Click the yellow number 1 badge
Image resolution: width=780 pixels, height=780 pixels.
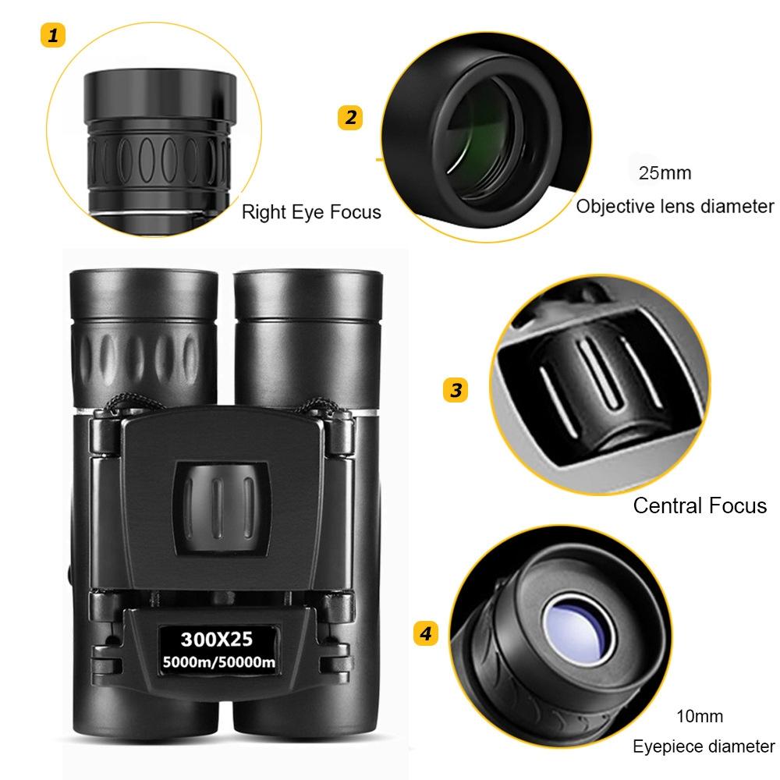(52, 35)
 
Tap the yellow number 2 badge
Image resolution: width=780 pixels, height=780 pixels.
(350, 118)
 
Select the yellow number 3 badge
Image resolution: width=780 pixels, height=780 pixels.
(456, 389)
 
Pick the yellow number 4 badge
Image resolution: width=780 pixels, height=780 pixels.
(424, 633)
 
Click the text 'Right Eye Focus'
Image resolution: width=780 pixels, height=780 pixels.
(311, 211)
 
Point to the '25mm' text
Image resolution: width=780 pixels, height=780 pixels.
(665, 173)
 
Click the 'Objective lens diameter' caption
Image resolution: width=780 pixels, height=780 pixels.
(675, 207)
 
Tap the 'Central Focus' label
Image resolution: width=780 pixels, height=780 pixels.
(700, 505)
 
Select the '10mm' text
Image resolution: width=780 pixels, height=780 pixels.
(700, 716)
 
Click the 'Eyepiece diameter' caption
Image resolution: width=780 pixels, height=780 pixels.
(704, 746)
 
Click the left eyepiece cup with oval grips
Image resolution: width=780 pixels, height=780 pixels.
(144, 335)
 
